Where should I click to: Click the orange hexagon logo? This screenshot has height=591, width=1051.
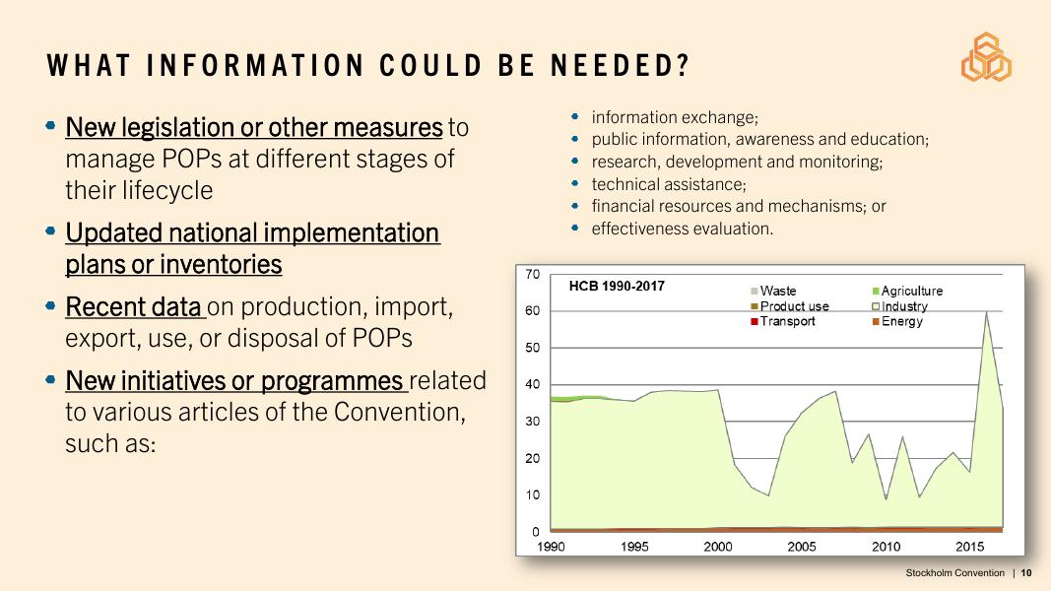pos(986,57)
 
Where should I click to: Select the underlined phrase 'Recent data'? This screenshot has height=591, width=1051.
pos(133,307)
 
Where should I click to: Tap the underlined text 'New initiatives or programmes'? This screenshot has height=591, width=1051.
pos(234,380)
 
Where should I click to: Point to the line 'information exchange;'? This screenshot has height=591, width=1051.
pos(675,117)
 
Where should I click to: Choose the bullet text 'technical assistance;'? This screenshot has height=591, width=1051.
pos(669,184)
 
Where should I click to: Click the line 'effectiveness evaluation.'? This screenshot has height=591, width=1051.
pos(683,229)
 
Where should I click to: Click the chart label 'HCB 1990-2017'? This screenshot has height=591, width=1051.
pos(618,287)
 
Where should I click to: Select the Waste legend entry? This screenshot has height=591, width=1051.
pos(778,292)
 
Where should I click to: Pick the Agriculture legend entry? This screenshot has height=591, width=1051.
pos(911,292)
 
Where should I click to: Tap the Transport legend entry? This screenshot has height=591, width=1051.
pos(787,321)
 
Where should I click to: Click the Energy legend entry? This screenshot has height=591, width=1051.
pos(901,321)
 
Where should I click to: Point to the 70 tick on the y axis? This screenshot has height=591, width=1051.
pos(532,274)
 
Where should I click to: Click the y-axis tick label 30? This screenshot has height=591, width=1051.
pos(532,422)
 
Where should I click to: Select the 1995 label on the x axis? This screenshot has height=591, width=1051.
pos(635,547)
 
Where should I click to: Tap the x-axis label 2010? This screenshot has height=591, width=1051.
pos(887,547)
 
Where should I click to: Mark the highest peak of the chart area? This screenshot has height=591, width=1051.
pos(986,312)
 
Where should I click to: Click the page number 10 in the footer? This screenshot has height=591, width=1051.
pos(1026,573)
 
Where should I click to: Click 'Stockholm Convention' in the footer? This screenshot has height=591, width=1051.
pos(954,573)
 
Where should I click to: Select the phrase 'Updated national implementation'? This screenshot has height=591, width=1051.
pos(252,233)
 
